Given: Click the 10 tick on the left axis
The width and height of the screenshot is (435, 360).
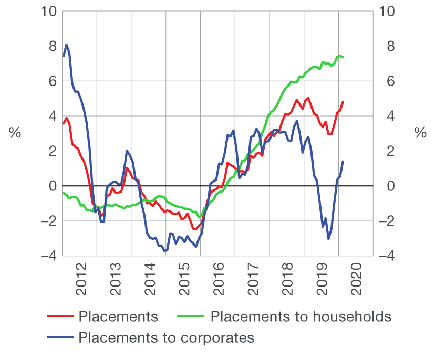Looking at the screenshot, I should (48, 12).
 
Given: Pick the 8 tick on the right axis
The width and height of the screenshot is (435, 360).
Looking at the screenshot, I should (387, 46).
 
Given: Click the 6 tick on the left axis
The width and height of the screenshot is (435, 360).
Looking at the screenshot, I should (51, 81).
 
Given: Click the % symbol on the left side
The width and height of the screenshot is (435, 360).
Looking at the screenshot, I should (15, 133).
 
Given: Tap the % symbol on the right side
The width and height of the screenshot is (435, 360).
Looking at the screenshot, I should (420, 133).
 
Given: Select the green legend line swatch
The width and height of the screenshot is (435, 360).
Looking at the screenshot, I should (191, 316).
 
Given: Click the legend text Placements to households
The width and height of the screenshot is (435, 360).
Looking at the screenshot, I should (301, 316).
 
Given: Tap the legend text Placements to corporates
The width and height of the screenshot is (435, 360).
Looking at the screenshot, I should (166, 337).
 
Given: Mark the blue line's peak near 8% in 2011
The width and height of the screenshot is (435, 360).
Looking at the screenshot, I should (67, 45).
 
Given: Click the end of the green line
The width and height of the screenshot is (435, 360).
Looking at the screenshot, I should (343, 57).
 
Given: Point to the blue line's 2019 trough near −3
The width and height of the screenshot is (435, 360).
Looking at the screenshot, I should (328, 239).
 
